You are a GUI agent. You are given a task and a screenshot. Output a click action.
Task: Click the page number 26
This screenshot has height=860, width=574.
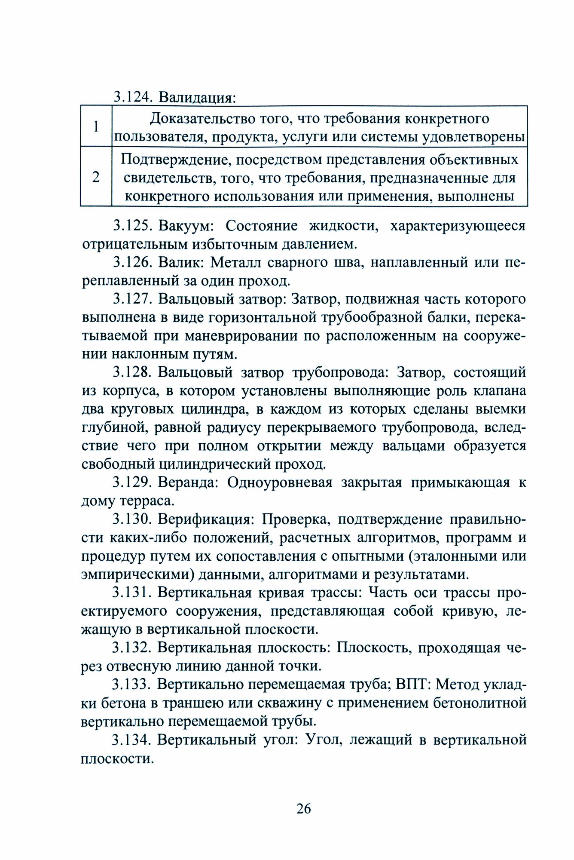pos(303,808)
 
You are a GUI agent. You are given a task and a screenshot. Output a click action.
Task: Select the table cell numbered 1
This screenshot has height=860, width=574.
pos(96,127)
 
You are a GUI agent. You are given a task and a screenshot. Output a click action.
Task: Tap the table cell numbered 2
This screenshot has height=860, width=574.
pos(96,177)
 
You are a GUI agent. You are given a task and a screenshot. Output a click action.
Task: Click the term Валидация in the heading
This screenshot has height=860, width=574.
pos(197,98)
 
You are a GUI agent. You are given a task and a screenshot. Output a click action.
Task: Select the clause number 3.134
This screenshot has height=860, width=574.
pos(132,740)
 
